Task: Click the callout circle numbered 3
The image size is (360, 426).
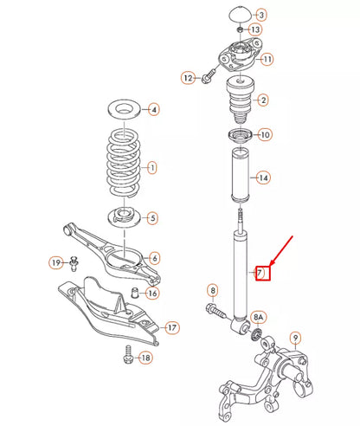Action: [x=261, y=16]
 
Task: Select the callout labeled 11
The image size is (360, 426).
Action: [x=267, y=59]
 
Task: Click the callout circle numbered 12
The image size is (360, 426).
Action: [x=188, y=79]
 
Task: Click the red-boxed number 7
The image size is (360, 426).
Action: [x=258, y=274]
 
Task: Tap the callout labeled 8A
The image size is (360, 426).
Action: [x=260, y=318]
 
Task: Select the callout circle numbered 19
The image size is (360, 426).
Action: [x=55, y=262]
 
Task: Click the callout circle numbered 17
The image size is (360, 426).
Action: [x=171, y=327]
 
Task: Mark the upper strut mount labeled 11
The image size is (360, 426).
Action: [x=237, y=59]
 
